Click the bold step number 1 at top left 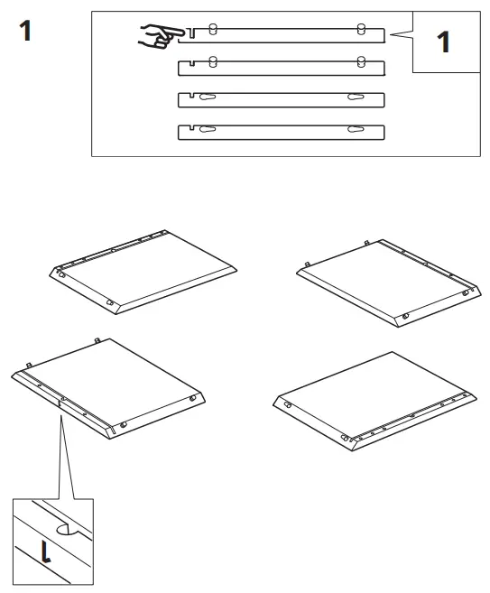(x=29, y=29)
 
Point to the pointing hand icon (x=155, y=36)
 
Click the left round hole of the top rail (x=212, y=29)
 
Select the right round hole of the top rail (x=361, y=29)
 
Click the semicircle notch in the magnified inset (x=67, y=530)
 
